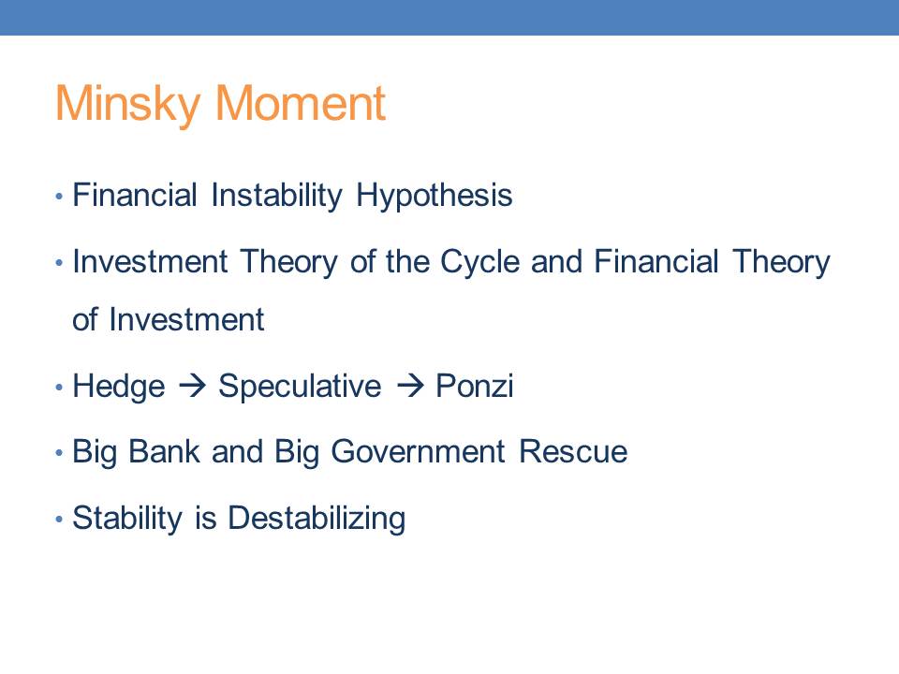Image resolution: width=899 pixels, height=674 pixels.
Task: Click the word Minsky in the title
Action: [127, 104]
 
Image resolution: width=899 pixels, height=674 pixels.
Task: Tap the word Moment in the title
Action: [300, 103]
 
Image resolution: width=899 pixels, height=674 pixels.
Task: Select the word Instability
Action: [276, 196]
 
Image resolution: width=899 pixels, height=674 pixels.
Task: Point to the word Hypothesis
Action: [434, 196]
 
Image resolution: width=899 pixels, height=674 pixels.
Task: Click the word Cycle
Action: [479, 262]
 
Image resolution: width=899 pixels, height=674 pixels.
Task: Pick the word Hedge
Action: [119, 387]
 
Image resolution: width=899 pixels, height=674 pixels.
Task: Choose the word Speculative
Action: [300, 387]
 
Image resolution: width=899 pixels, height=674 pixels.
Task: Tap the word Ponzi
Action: [474, 385]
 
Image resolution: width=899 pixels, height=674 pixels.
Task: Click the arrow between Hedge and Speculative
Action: [192, 385]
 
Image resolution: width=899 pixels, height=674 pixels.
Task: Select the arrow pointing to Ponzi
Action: [410, 385]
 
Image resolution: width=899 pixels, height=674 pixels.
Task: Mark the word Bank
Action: [164, 451]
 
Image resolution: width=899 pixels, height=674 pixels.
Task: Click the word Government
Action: [418, 451]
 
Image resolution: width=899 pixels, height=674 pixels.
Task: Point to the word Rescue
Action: [573, 451]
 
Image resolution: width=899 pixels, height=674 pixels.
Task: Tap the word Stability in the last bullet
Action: [127, 518]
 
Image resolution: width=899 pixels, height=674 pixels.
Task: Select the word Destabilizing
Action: [317, 518]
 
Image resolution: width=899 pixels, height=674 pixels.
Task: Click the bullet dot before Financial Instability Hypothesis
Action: [58, 197]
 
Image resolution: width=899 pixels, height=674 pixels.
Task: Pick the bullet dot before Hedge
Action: [58, 388]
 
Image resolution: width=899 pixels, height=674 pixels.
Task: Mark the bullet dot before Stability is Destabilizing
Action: [58, 520]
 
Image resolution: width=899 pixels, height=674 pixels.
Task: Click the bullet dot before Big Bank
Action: [58, 453]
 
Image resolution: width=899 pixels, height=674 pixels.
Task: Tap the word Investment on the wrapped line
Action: [186, 319]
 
